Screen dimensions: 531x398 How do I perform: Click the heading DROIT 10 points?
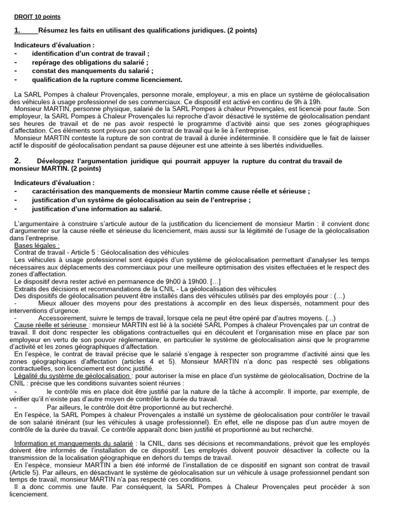[x=37, y=17]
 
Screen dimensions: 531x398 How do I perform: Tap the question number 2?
[x=17, y=161]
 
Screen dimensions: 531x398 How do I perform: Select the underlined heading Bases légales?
[x=36, y=245]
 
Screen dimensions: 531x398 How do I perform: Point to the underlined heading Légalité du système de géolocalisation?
[x=73, y=375]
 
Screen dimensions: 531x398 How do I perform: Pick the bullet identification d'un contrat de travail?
[x=91, y=54]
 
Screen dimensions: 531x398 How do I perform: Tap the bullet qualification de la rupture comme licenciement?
[x=107, y=79]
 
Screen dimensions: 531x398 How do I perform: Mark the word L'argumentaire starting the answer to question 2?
[x=36, y=223]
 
